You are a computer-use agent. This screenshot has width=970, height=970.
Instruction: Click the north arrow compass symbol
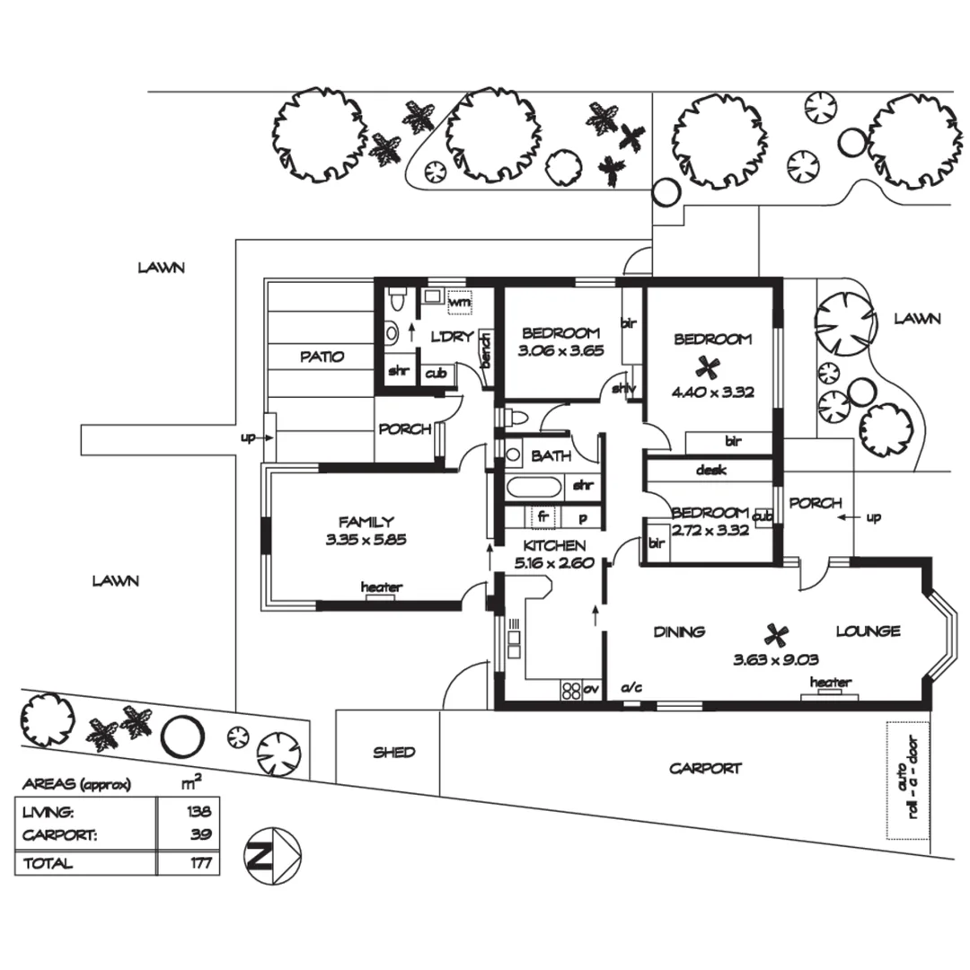click(x=272, y=856)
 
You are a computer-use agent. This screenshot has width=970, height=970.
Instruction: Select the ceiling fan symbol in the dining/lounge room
click(x=774, y=635)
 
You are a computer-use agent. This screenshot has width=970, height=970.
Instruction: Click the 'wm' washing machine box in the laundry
click(x=459, y=303)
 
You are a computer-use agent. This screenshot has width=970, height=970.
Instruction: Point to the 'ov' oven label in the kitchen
click(x=590, y=689)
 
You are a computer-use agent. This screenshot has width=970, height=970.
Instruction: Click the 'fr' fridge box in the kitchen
click(x=542, y=517)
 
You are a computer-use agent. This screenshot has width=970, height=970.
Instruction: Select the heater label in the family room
click(x=381, y=587)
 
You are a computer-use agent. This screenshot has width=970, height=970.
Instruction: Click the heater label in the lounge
click(x=831, y=683)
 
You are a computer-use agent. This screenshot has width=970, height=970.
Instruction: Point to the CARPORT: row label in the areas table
click(x=59, y=834)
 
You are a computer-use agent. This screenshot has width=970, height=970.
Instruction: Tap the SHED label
click(x=394, y=753)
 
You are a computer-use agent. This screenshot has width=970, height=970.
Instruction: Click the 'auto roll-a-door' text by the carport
click(x=908, y=780)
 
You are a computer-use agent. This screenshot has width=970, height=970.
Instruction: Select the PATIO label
click(x=322, y=357)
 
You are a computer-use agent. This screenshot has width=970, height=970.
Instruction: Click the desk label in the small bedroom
click(x=710, y=470)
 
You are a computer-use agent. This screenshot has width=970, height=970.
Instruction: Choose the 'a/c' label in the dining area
click(x=631, y=688)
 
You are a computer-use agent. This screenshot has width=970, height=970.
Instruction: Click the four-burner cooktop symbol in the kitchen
click(x=571, y=690)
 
